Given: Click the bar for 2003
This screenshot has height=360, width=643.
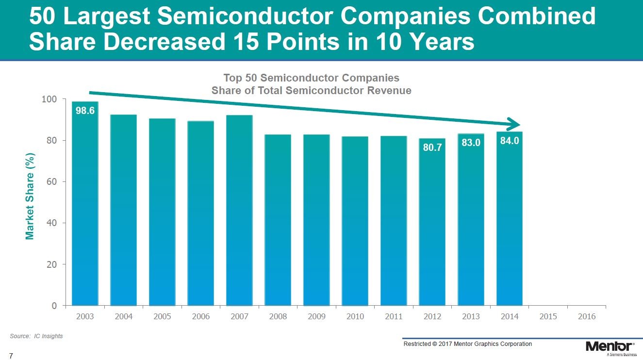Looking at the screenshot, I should click(x=85, y=204).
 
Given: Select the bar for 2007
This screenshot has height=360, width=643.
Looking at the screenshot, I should click(x=239, y=211).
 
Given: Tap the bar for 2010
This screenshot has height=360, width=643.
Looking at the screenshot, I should click(x=355, y=221).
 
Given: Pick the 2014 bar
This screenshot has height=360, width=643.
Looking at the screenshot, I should click(x=510, y=219).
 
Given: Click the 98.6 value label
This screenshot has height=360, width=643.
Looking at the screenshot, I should click(x=85, y=111).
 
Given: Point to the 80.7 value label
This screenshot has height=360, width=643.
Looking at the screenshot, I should click(x=432, y=147).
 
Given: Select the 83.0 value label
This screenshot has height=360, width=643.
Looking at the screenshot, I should click(x=471, y=144).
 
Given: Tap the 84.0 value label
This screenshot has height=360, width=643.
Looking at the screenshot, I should click(x=510, y=142).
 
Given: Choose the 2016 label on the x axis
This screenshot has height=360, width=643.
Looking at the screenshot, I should click(x=587, y=316).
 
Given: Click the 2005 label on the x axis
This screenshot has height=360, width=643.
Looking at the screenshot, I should click(x=162, y=316).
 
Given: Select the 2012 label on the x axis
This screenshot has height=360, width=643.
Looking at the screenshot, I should click(x=432, y=316).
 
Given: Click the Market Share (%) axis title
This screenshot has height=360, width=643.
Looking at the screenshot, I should click(x=30, y=196).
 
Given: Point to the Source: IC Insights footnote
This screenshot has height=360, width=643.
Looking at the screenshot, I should click(x=36, y=336).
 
